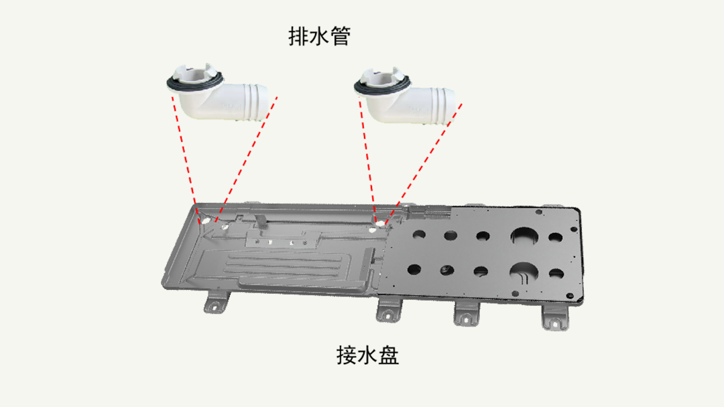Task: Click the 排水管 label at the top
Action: point(320,36)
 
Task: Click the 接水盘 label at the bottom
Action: point(367,355)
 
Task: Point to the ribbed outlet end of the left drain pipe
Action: point(256,102)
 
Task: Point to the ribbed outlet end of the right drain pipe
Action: point(443,106)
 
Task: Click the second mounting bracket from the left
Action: point(389,310)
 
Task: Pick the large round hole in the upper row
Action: point(524,236)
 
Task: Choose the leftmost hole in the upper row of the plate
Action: point(419,234)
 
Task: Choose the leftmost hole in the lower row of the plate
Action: point(414,269)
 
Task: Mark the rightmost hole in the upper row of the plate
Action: point(555,238)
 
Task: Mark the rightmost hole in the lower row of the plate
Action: point(556,274)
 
